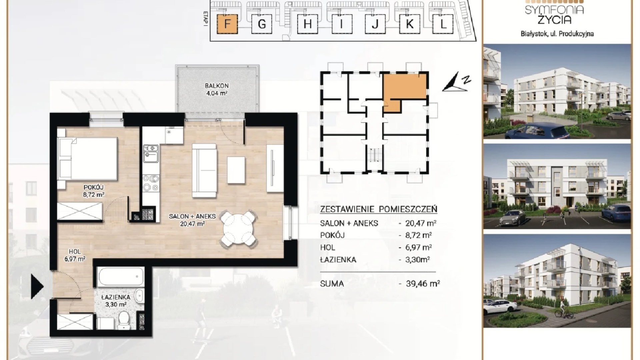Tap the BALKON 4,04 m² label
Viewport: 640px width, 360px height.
pos(217,90)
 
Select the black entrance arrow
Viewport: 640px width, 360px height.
pos(37,286)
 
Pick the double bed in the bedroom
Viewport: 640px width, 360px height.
pos(88,159)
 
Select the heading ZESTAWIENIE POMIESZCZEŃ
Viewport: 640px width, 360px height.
pos(378,209)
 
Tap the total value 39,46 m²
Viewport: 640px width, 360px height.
pos(423,284)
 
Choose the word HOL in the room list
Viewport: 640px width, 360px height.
pos(327,248)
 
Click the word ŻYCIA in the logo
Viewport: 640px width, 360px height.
pos(554,20)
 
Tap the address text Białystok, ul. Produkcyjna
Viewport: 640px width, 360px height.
pos(557,34)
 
